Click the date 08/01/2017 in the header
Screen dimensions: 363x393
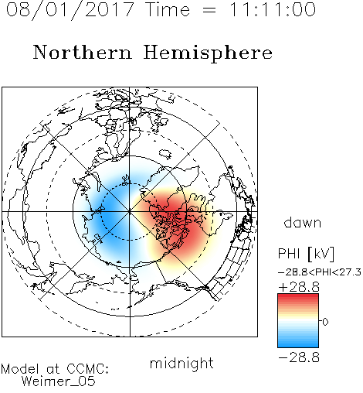70,10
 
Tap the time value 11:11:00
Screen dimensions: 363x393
273,9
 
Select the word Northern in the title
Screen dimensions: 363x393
83,53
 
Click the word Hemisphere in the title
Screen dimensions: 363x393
208,53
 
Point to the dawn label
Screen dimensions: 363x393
303,222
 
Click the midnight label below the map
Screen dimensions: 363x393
181,364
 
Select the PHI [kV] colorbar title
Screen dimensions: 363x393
306,254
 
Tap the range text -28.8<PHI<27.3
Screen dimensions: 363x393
320,272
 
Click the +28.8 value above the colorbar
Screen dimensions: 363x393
299,287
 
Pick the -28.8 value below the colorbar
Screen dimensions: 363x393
299,357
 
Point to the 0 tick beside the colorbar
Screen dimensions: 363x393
325,322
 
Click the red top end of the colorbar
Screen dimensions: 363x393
298,296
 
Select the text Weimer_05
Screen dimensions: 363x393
59,381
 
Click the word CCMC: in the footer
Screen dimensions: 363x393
88,369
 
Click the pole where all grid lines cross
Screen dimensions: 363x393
130,212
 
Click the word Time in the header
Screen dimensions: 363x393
168,10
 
